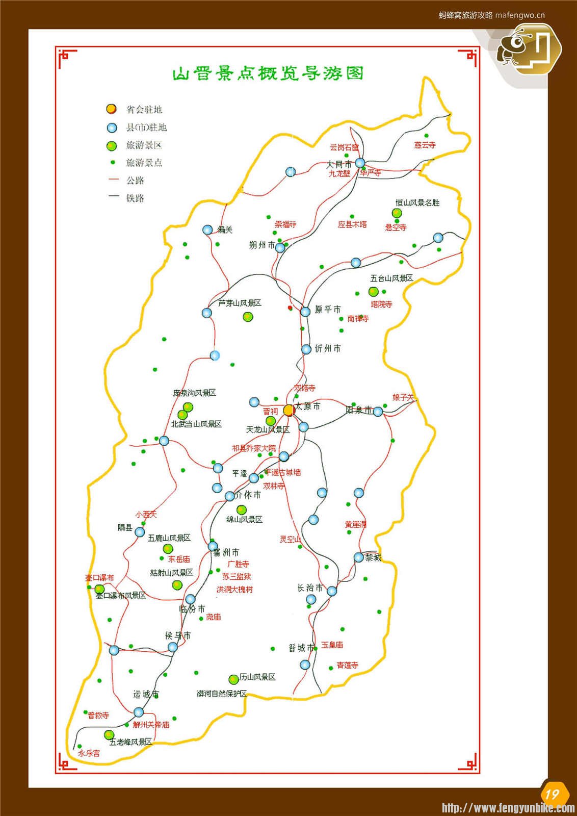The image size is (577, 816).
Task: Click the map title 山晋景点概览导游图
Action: pos(268,73)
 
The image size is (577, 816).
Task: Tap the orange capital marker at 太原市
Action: pos(288,410)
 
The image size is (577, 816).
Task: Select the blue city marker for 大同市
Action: pos(360,163)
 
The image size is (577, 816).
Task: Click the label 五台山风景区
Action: pos(391,278)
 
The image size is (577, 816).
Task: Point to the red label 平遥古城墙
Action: pos(283,472)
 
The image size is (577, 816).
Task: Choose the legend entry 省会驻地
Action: pos(143,110)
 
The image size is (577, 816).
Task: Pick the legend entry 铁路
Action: pos(135,198)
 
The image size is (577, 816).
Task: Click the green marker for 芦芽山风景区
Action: pos(248,317)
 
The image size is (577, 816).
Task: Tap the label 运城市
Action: pos(146,694)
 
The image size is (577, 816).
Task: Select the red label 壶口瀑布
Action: pos(99,578)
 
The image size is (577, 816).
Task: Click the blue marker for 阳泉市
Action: pos(378,412)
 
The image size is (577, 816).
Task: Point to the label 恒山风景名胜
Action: pos(417,202)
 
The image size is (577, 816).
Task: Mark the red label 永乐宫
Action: pos(89,753)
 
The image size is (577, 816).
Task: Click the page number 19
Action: pos(553,794)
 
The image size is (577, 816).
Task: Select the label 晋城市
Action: pos(301,648)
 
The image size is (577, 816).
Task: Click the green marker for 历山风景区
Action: pos(233,679)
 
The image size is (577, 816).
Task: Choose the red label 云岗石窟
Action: pos(344,147)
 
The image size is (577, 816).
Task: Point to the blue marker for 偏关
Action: pos(207,230)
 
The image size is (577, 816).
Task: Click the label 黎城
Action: pos(373,557)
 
